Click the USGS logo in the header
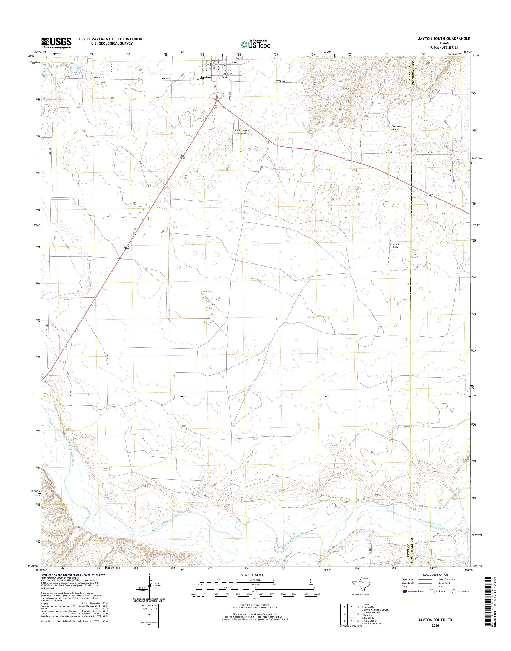56,43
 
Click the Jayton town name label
206,77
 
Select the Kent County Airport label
242,132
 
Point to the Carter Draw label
396,127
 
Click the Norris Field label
396,246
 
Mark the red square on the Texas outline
360,580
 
